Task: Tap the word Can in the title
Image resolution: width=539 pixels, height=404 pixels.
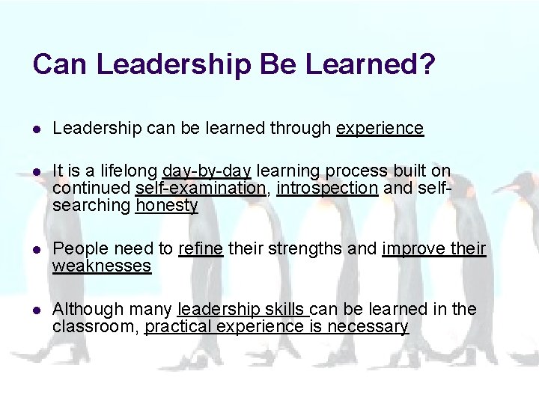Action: tap(60, 64)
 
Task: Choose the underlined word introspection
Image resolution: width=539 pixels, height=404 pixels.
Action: tap(327, 189)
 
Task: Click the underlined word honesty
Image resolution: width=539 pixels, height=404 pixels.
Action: tap(166, 205)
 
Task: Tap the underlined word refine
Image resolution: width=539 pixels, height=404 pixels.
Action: tap(201, 248)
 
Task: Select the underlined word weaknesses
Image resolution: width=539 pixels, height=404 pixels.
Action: tap(102, 266)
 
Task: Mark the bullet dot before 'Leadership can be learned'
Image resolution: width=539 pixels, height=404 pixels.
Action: tap(37, 129)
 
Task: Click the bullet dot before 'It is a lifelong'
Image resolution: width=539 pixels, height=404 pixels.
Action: tap(37, 172)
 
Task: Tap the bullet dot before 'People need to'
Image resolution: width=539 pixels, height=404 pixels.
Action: tap(37, 249)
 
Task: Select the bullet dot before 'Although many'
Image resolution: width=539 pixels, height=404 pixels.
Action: tap(37, 310)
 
